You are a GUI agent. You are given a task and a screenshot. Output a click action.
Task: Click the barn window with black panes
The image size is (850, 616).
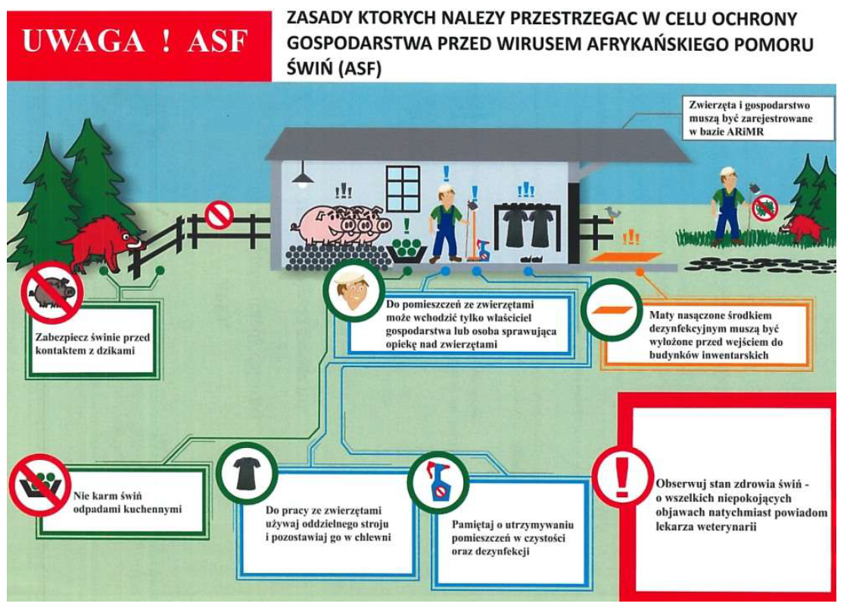[x=403, y=188]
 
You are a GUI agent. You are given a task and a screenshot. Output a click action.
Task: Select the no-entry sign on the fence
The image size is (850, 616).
[x=219, y=214]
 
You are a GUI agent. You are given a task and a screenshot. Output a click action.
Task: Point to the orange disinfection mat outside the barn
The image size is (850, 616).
[x=626, y=257]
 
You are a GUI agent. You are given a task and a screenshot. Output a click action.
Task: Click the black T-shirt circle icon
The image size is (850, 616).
[x=248, y=473]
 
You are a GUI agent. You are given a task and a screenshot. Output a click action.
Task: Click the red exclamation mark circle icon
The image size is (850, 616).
[x=622, y=477]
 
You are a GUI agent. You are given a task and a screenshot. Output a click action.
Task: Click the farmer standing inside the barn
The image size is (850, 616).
[x=446, y=222]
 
